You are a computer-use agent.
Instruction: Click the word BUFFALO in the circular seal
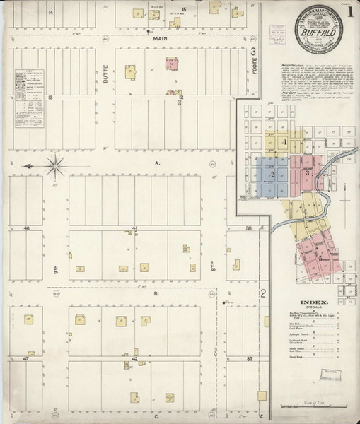[x=313, y=32]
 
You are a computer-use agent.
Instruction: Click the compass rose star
[x=56, y=166]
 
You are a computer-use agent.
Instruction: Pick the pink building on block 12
[x=171, y=64]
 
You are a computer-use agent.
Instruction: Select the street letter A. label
[x=158, y=163]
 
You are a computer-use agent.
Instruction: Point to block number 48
[x=26, y=228]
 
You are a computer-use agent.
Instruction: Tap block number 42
[x=134, y=359]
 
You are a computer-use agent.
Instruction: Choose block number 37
[x=248, y=359]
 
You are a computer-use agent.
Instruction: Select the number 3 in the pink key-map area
[x=306, y=172]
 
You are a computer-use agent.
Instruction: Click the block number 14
[x=50, y=13]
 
